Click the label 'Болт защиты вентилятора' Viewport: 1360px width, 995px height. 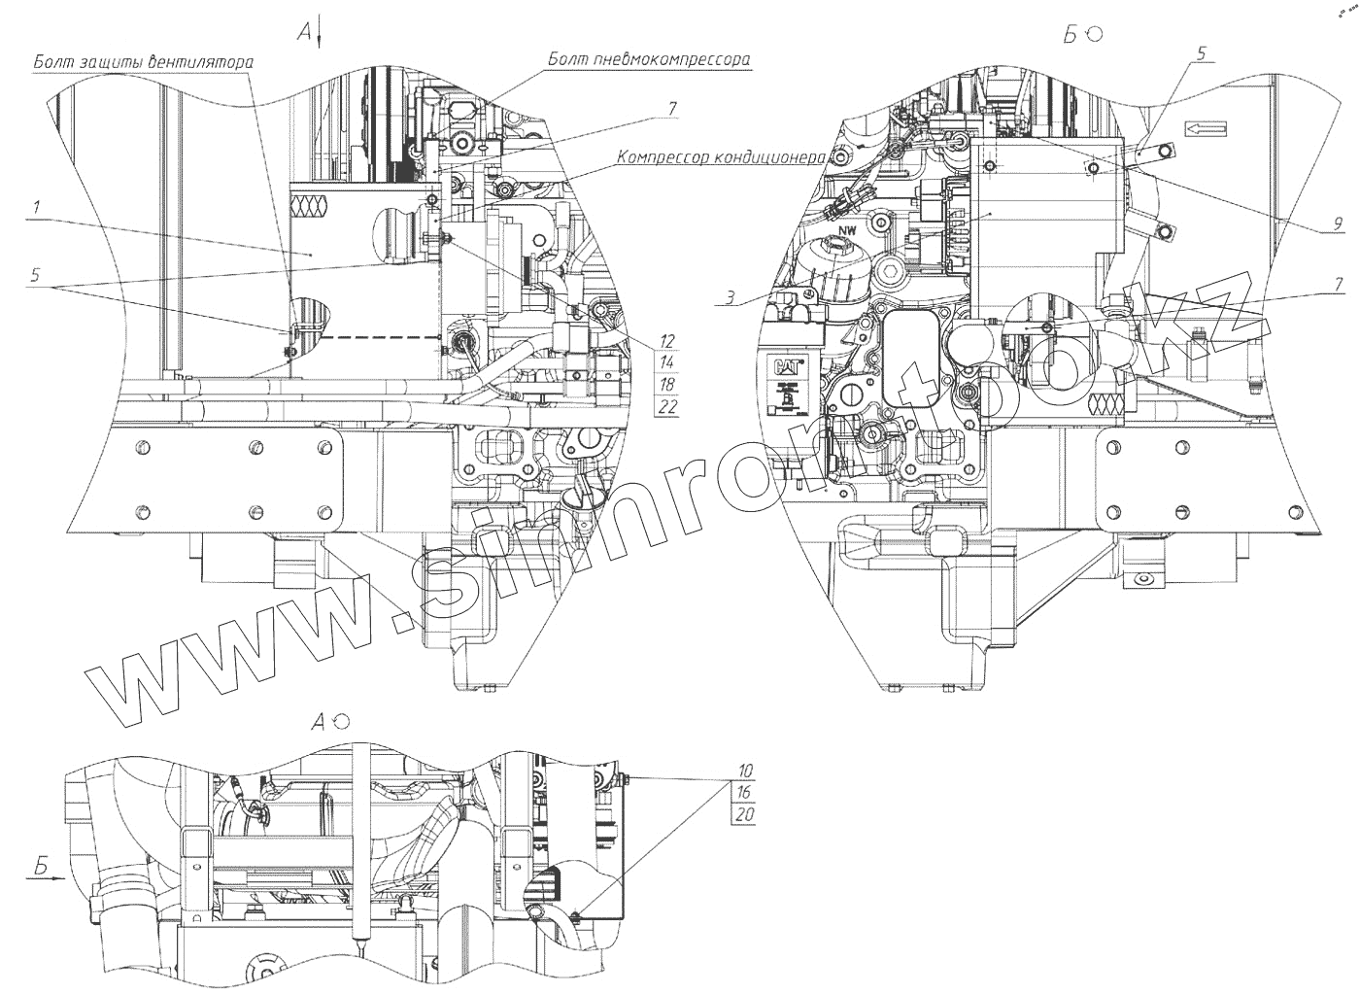(x=144, y=62)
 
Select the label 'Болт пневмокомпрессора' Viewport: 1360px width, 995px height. (x=649, y=59)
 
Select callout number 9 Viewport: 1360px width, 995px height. (x=1338, y=225)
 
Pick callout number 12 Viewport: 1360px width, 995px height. (x=667, y=341)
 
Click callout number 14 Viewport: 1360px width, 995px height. (x=667, y=362)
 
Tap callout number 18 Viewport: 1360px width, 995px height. (x=667, y=385)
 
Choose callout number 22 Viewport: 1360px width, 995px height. (x=667, y=407)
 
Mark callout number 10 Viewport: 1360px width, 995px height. (x=744, y=770)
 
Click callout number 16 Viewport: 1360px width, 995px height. (x=744, y=792)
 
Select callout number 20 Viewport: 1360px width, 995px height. (x=744, y=814)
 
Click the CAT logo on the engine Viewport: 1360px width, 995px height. (x=785, y=369)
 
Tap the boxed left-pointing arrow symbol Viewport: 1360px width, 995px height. (x=1206, y=127)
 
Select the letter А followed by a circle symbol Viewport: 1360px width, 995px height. (x=319, y=721)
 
